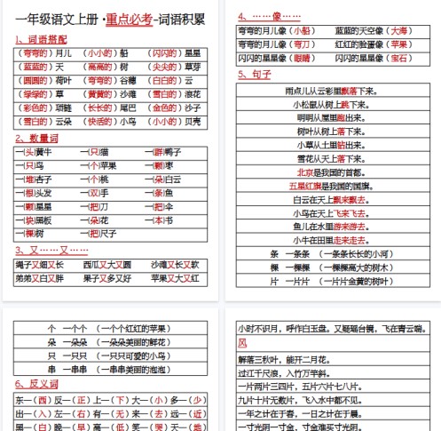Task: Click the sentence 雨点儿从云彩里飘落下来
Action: [335, 91]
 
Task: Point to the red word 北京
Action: [305, 172]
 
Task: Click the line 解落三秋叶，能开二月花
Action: [285, 359]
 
